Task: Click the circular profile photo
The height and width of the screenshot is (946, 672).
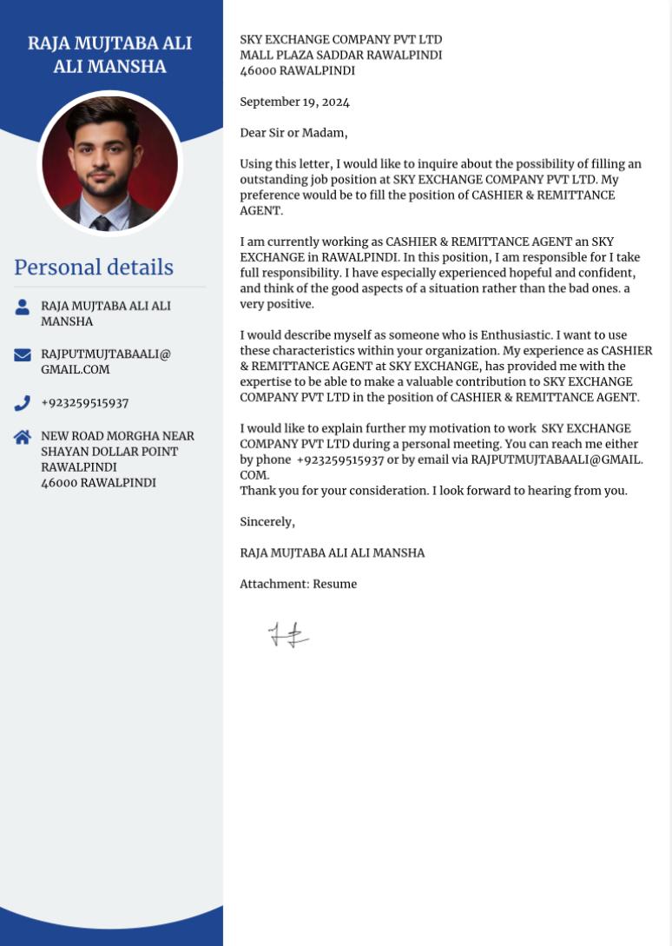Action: click(x=109, y=162)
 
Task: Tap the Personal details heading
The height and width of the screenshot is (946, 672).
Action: click(x=94, y=268)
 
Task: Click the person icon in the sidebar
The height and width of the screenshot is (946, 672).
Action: click(x=23, y=307)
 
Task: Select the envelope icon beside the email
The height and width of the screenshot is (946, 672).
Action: click(x=23, y=354)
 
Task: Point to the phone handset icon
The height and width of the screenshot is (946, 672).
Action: click(x=23, y=403)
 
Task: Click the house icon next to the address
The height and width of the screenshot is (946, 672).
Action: click(x=23, y=437)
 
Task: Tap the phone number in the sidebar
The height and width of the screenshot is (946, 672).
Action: click(x=84, y=403)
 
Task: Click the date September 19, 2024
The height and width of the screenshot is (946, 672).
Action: click(x=294, y=103)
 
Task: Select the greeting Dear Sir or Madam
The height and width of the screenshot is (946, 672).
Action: click(x=293, y=133)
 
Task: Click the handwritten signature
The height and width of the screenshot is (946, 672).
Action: click(x=288, y=635)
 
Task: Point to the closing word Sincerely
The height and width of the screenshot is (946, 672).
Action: click(x=267, y=522)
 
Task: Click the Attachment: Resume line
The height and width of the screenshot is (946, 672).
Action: click(x=298, y=585)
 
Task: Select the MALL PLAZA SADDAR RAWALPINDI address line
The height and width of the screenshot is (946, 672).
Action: click(x=340, y=56)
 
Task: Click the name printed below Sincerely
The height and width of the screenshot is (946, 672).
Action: click(x=332, y=553)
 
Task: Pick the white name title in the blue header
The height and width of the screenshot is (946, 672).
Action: click(x=109, y=55)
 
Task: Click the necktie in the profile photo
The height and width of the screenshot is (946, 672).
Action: click(x=102, y=222)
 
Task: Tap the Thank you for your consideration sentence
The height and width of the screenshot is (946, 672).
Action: click(x=433, y=491)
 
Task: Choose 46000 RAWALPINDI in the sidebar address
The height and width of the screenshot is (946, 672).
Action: click(x=98, y=483)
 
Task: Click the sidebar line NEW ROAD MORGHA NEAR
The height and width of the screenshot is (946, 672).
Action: click(x=117, y=436)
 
